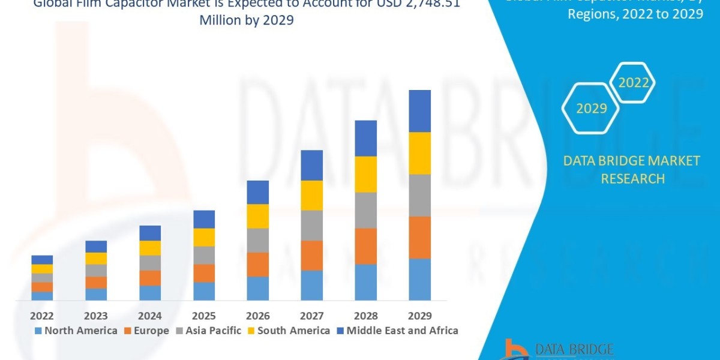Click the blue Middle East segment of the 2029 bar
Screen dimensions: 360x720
click(420, 111)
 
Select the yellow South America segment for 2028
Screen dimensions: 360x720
click(366, 174)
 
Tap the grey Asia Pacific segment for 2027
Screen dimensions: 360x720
click(312, 225)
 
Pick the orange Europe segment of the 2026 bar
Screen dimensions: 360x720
click(258, 264)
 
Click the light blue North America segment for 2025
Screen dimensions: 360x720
click(204, 291)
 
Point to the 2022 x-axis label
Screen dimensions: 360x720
click(42, 316)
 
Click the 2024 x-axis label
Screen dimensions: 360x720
click(150, 316)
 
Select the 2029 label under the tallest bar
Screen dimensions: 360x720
click(420, 316)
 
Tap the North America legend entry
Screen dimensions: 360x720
click(76, 331)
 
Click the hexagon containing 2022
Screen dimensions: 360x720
click(633, 83)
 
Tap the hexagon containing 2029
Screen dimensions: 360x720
click(591, 109)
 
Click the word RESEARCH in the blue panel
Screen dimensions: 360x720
click(632, 178)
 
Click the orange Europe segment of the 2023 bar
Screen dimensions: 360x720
click(96, 282)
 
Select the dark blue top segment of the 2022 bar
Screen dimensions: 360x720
click(42, 259)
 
